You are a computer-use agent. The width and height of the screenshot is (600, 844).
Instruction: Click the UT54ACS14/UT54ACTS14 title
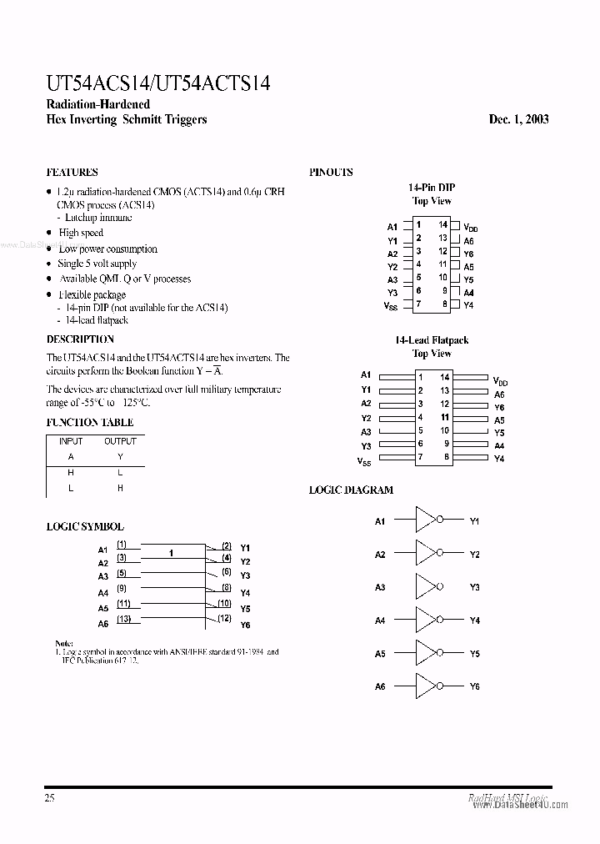coord(157,83)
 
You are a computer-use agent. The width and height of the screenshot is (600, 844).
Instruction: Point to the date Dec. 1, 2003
coord(518,119)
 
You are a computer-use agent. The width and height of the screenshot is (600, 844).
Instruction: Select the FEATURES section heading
coord(72,173)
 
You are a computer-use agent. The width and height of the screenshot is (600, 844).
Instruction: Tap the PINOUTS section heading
coord(331,173)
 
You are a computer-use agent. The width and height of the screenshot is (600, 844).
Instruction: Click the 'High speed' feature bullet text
coord(81,234)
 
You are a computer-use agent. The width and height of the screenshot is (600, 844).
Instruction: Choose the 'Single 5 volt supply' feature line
coord(97,264)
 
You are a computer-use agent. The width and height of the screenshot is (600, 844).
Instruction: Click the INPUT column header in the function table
coord(71,441)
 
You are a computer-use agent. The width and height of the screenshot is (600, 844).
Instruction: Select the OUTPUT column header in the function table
coord(120,441)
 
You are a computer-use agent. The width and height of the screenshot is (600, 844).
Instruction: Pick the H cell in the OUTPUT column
coord(120,488)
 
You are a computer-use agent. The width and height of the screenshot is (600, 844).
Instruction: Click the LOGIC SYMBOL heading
coord(84,527)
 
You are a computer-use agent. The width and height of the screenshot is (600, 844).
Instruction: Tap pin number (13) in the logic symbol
coord(123,618)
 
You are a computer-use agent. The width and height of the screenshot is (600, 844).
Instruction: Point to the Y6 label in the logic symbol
coord(245,625)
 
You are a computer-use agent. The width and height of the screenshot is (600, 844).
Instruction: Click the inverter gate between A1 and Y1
coord(427,521)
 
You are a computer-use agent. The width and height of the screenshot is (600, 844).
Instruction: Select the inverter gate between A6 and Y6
coord(427,686)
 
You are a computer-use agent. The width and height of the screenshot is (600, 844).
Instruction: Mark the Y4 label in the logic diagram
coord(474,620)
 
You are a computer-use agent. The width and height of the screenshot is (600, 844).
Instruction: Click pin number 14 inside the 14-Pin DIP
coord(443,224)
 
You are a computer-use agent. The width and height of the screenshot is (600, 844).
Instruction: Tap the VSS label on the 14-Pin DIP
coord(390,307)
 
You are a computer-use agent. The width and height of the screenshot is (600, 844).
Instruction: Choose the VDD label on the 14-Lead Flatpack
coord(500,380)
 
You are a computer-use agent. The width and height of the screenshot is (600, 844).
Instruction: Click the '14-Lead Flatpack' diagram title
coord(432,340)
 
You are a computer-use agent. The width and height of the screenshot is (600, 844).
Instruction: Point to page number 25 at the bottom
coord(51,798)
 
